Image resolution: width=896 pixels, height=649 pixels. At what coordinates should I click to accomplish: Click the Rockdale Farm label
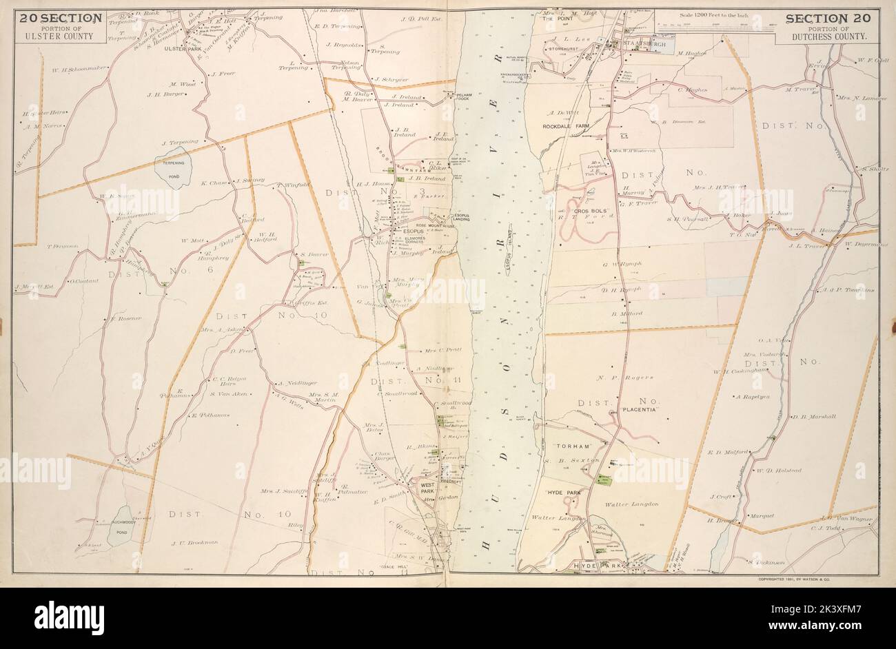(567, 126)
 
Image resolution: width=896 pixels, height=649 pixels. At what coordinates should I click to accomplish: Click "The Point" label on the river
(557, 19)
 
